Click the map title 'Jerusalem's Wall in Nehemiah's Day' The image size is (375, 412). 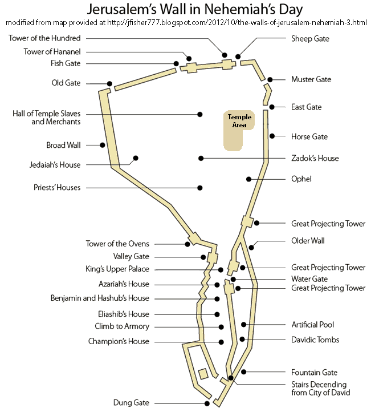coord(187,10)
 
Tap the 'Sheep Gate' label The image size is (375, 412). coord(310,39)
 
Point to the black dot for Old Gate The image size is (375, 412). coord(109,83)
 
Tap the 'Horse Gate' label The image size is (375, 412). coord(309,136)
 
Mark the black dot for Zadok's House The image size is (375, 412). coord(201,158)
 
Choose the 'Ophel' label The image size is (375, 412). coord(301,179)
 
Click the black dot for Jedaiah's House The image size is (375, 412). coord(136,158)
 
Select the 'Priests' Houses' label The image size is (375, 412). coord(56,187)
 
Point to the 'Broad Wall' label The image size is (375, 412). coord(63,145)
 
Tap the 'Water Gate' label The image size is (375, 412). coord(309,279)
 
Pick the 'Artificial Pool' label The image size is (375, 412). coord(312,325)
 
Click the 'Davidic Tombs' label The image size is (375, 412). coord(315,340)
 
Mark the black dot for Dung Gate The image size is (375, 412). coord(207,403)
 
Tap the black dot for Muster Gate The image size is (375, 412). coord(270,80)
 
